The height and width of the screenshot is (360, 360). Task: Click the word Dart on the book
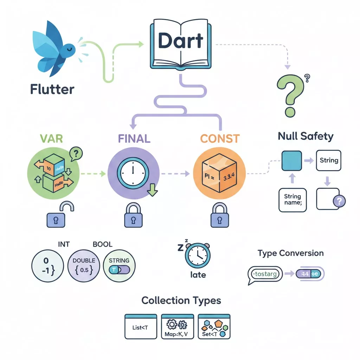click(180, 41)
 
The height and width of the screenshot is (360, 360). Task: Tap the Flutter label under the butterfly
click(52, 89)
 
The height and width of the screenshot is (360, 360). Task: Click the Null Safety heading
click(306, 136)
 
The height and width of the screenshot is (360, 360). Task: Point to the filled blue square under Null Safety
click(291, 161)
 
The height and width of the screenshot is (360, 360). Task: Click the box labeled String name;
click(292, 200)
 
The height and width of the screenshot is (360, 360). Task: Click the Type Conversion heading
click(290, 253)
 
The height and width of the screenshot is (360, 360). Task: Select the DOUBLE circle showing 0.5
click(84, 266)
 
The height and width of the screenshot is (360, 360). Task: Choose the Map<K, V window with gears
click(178, 327)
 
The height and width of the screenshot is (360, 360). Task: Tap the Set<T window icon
click(214, 327)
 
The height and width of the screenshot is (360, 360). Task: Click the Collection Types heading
click(181, 301)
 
